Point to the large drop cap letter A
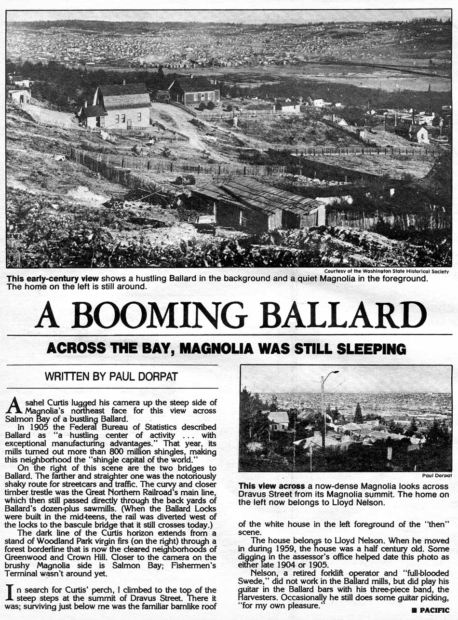coord(15,404)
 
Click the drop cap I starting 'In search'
coord(11,591)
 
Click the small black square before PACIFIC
coord(414,610)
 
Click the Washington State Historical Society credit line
coord(386,271)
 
